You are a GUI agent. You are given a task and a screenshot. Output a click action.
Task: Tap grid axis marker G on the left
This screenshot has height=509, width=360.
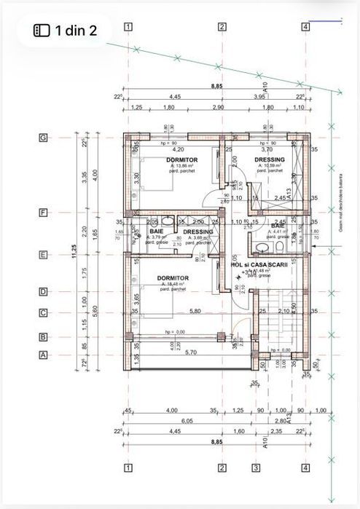pos(43,137)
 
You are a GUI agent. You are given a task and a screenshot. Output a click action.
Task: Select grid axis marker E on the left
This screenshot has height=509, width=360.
pos(43,255)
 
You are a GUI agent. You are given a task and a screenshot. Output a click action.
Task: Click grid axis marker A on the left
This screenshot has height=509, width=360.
pos(43,355)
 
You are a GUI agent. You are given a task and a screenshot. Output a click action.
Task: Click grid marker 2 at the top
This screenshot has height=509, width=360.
pos(222,28)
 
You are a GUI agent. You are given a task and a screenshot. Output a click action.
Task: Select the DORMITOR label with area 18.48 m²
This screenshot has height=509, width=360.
pos(173,278)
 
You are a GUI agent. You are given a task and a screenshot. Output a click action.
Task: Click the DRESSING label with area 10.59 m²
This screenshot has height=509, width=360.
pos(269,159)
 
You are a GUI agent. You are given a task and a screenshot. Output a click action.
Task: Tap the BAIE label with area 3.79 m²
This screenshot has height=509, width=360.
pos(157,232)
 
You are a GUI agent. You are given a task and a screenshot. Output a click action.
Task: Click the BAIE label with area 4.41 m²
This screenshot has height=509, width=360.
pos(278,226)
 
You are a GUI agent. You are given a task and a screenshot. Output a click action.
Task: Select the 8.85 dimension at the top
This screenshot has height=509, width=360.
pos(217,86)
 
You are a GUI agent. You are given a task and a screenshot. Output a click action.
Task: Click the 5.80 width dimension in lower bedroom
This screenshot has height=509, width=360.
pos(194,311)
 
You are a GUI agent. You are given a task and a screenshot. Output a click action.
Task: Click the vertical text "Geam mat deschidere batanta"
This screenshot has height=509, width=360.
pos(339,203)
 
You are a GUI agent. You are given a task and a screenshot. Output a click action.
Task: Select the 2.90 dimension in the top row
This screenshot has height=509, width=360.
pos(218,107)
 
